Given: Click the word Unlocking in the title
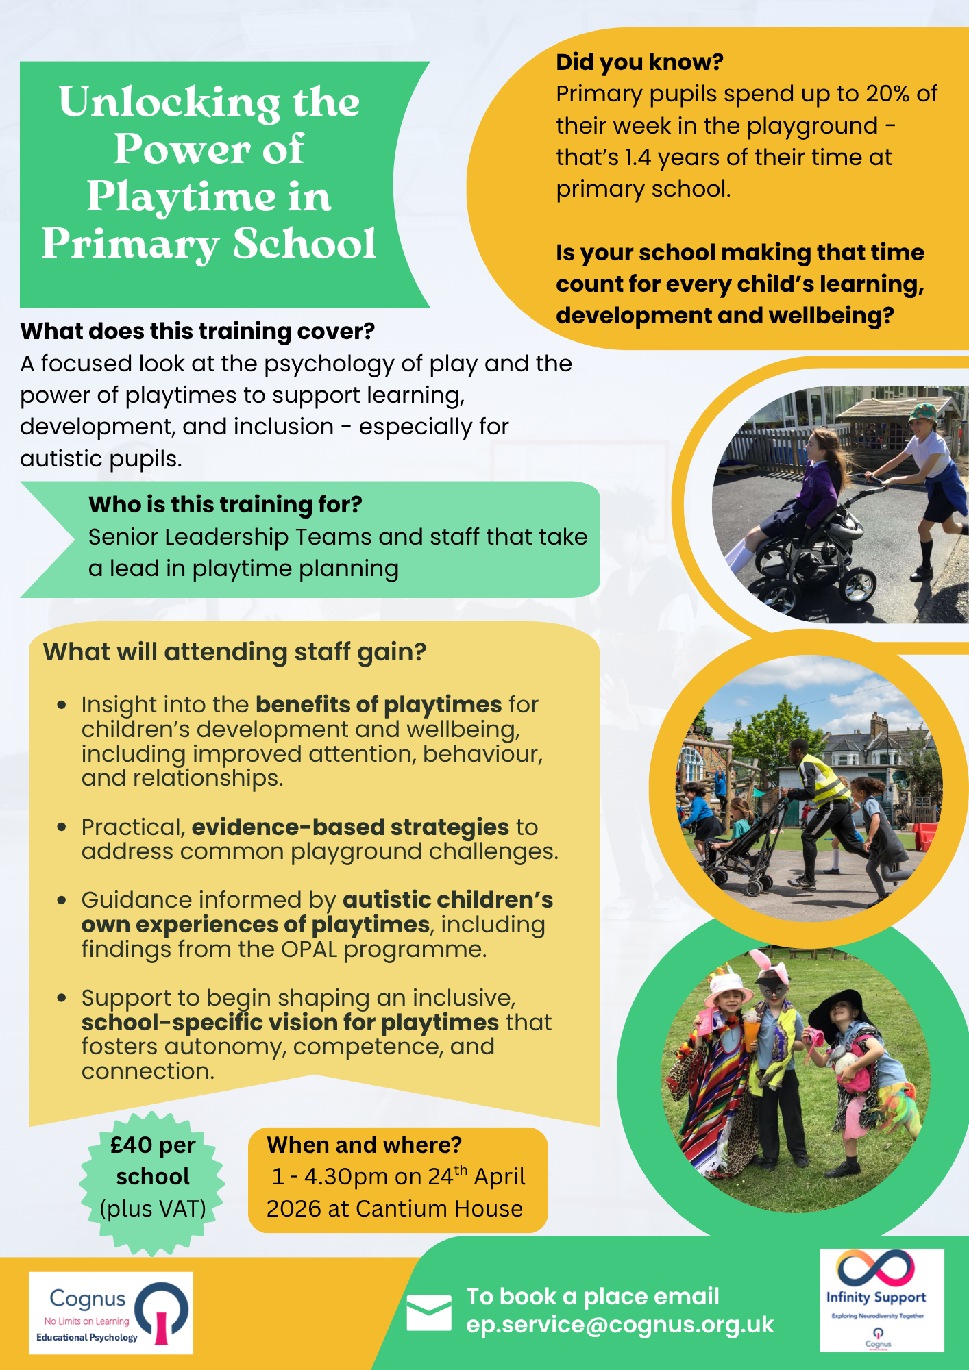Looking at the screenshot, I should (169, 103).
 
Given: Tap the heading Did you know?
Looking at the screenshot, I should (639, 62).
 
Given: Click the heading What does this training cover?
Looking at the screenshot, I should (197, 332).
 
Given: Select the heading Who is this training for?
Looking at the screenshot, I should (225, 505).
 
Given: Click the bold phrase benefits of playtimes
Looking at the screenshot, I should (378, 704).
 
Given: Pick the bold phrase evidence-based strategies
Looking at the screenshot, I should (349, 827).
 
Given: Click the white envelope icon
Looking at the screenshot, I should (429, 1312).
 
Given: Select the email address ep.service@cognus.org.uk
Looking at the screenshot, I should (620, 1325).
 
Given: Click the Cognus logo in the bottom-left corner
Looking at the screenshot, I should (110, 1313).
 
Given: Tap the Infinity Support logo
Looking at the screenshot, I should (881, 1300).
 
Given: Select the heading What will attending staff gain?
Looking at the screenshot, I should (234, 652).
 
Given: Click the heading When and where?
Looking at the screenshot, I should (364, 1145).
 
